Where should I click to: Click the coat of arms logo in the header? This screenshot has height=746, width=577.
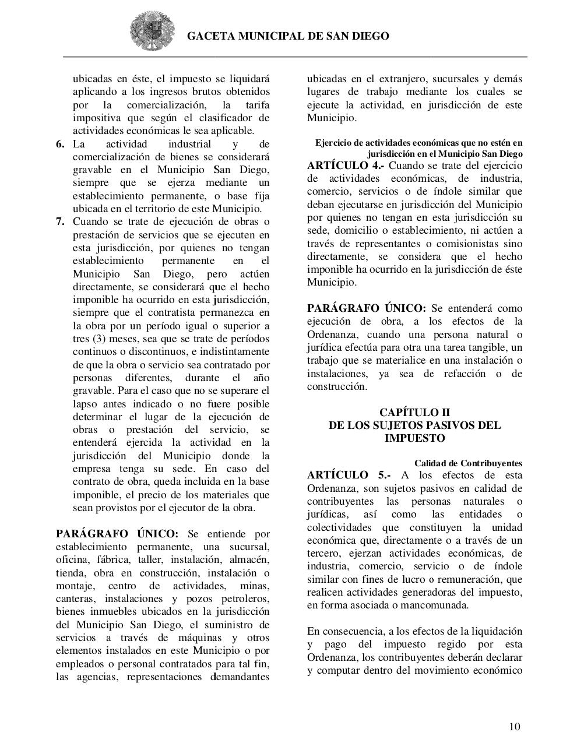(152, 31)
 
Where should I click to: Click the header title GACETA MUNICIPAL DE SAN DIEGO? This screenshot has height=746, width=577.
(288, 36)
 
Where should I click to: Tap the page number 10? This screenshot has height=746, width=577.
(515, 726)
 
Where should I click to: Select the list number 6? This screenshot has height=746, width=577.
(61, 144)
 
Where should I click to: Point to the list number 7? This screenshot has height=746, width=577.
(61, 222)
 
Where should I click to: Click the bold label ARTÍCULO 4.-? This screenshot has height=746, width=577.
(346, 166)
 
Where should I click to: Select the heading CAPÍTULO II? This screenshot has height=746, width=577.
(414, 413)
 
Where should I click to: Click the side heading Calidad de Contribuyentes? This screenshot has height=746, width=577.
(468, 463)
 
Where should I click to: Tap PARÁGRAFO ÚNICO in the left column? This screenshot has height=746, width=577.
(117, 534)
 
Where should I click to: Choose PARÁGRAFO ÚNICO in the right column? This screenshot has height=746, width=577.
(367, 308)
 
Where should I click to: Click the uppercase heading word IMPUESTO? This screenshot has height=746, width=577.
(414, 438)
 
